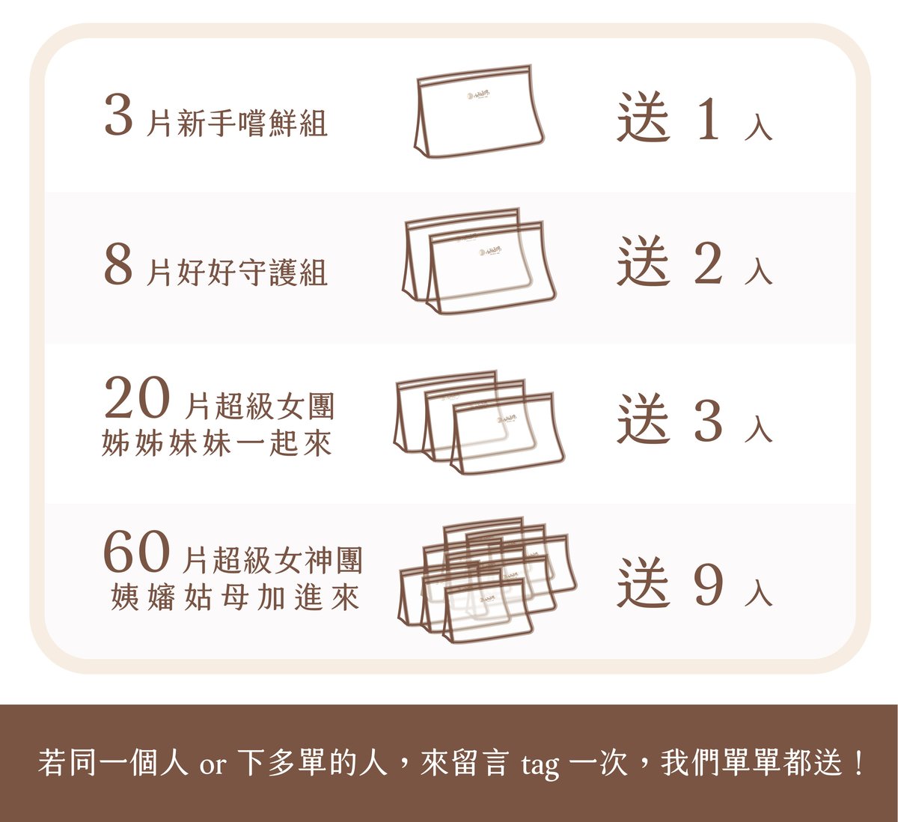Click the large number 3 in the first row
tap(119, 115)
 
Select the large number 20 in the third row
tap(137, 398)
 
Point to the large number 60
tap(137, 552)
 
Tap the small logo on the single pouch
tap(478, 95)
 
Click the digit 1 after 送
tap(708, 118)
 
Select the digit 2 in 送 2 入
tap(708, 263)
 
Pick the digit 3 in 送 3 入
tap(708, 420)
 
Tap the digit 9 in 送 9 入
tap(708, 584)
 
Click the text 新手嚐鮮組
tap(252, 123)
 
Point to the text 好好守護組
tap(252, 273)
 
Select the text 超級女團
tap(275, 406)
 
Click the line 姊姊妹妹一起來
tap(217, 444)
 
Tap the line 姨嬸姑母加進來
tap(235, 597)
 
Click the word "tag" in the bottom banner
tap(540, 764)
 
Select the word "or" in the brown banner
tap(213, 764)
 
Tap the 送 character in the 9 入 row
tap(644, 582)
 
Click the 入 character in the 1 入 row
tap(758, 127)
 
